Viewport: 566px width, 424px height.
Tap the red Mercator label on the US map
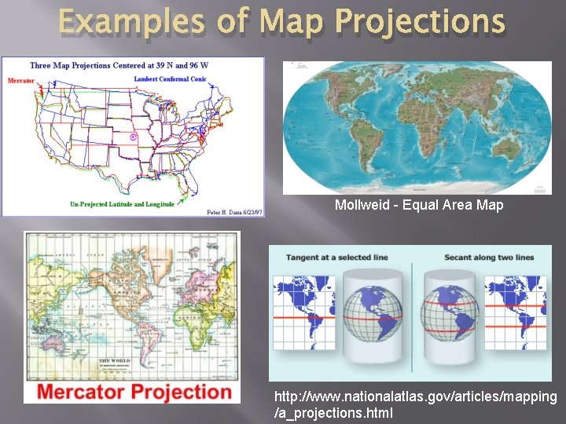pos(21,80)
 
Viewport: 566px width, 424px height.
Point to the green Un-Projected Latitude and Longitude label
pos(122,204)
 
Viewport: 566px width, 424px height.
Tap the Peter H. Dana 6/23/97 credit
pos(233,211)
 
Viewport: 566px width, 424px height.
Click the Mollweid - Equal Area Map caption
pos(419,205)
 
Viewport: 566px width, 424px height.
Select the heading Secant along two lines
pos(488,258)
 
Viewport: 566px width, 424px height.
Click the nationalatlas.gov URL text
pos(415,404)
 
